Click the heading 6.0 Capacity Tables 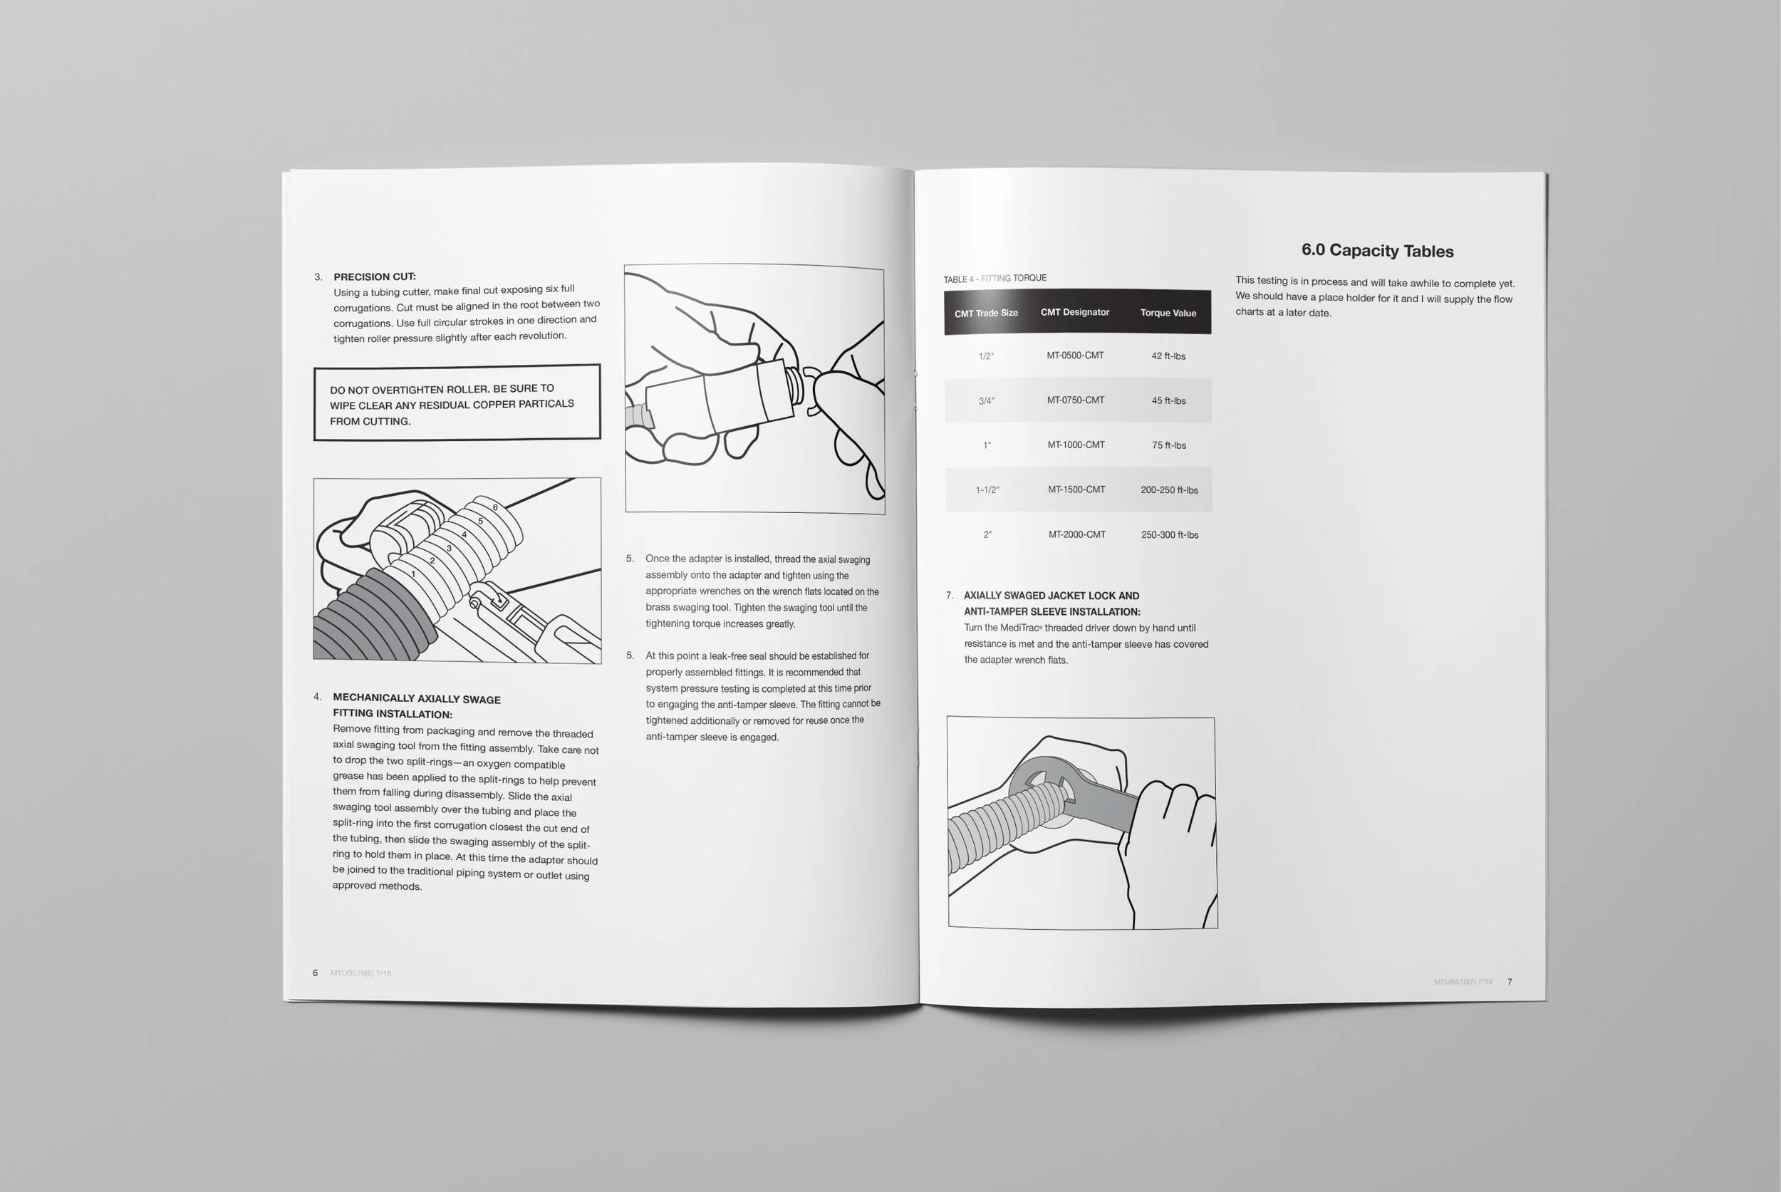[1376, 250]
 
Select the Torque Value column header [1168, 313]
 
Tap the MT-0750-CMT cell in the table [1075, 400]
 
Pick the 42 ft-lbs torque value [1168, 356]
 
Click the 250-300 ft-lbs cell [1169, 534]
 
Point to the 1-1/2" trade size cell [987, 489]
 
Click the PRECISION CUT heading [374, 276]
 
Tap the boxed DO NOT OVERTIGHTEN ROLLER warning [456, 403]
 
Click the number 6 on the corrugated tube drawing [495, 507]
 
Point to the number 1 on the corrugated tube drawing [412, 574]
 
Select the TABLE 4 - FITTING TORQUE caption [995, 279]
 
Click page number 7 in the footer [1509, 981]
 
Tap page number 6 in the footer [315, 973]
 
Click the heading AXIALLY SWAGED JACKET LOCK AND [1051, 596]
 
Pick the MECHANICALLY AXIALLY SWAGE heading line [416, 698]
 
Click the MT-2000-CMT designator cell [1076, 534]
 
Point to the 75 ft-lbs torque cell [1168, 445]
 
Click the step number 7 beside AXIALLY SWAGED [949, 595]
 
